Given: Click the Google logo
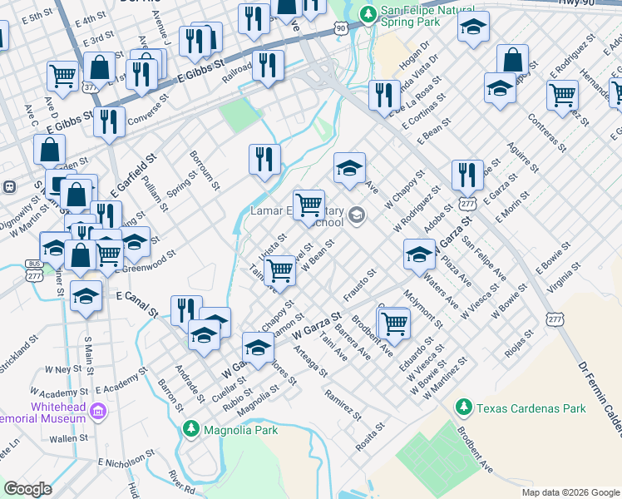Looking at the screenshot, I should pyautogui.click(x=27, y=489).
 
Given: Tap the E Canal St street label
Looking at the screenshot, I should pyautogui.click(x=136, y=300).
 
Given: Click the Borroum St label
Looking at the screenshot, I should pyautogui.click(x=205, y=169).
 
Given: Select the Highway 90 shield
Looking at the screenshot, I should pyautogui.click(x=341, y=29).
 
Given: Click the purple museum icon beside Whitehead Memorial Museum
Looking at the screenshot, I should pyautogui.click(x=98, y=411).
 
